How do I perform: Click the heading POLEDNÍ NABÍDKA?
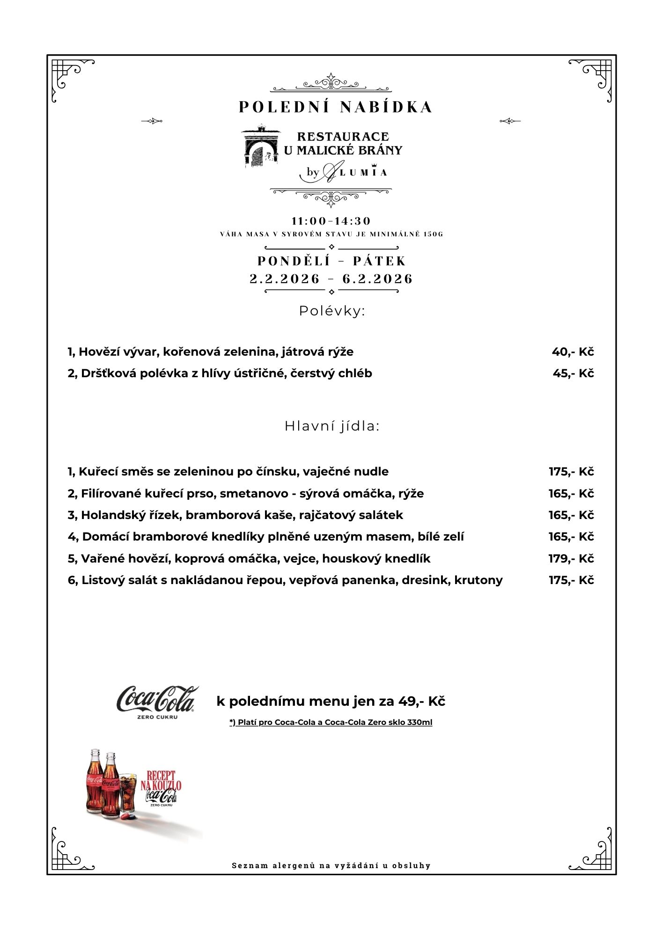point(335,107)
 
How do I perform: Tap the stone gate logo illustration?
point(260,146)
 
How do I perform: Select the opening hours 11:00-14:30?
point(331,221)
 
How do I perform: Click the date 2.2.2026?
point(285,279)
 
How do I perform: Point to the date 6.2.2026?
point(377,279)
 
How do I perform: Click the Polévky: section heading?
point(331,311)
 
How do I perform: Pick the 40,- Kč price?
point(573,352)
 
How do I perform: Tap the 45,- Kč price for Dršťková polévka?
point(573,373)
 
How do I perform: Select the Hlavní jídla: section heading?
point(331,426)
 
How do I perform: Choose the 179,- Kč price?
point(571,559)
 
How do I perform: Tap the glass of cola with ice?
point(128,793)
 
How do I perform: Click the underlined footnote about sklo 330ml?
point(331,723)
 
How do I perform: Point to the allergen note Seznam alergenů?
point(331,866)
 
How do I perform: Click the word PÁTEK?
point(379,261)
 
